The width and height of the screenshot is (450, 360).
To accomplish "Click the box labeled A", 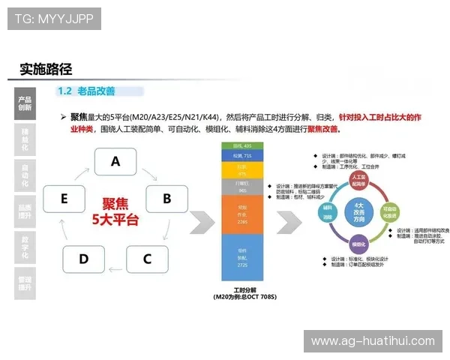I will click(x=115, y=161).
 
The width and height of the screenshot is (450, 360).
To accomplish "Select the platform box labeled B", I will click(x=166, y=199).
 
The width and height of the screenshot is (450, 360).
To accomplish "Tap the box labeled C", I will click(x=147, y=259).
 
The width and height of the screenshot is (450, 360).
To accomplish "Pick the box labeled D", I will click(x=83, y=259).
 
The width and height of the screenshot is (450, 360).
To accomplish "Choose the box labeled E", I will click(x=64, y=199).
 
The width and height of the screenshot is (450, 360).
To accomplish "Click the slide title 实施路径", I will click(x=46, y=70).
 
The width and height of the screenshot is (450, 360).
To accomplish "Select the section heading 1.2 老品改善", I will click(x=86, y=91).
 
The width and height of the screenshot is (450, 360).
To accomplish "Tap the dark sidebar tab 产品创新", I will click(x=25, y=103).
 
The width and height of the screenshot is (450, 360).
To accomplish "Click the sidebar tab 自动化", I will click(x=25, y=175).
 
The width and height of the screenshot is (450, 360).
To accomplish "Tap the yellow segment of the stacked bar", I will click(x=241, y=170).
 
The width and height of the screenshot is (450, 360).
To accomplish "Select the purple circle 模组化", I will click(x=358, y=243).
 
